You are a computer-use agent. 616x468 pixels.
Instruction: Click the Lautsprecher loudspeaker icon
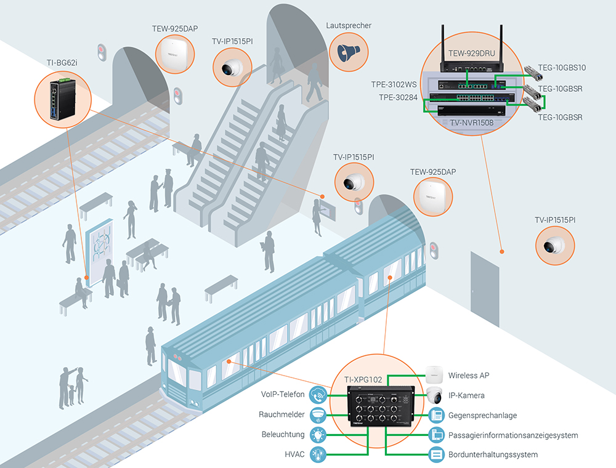pyautogui.click(x=348, y=52)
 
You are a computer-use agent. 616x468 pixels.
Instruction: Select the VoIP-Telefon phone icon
pyautogui.click(x=319, y=394)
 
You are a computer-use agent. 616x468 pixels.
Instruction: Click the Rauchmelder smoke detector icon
pyautogui.click(x=319, y=414)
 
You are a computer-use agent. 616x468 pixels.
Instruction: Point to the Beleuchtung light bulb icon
pyautogui.click(x=319, y=435)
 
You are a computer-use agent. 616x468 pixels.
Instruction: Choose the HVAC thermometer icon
pyautogui.click(x=319, y=455)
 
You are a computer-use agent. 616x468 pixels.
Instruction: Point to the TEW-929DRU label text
pyautogui.click(x=471, y=54)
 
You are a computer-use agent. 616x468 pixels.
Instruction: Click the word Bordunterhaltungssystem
pyautogui.click(x=493, y=455)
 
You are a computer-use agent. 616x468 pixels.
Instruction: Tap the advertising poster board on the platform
pyautogui.click(x=100, y=249)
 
